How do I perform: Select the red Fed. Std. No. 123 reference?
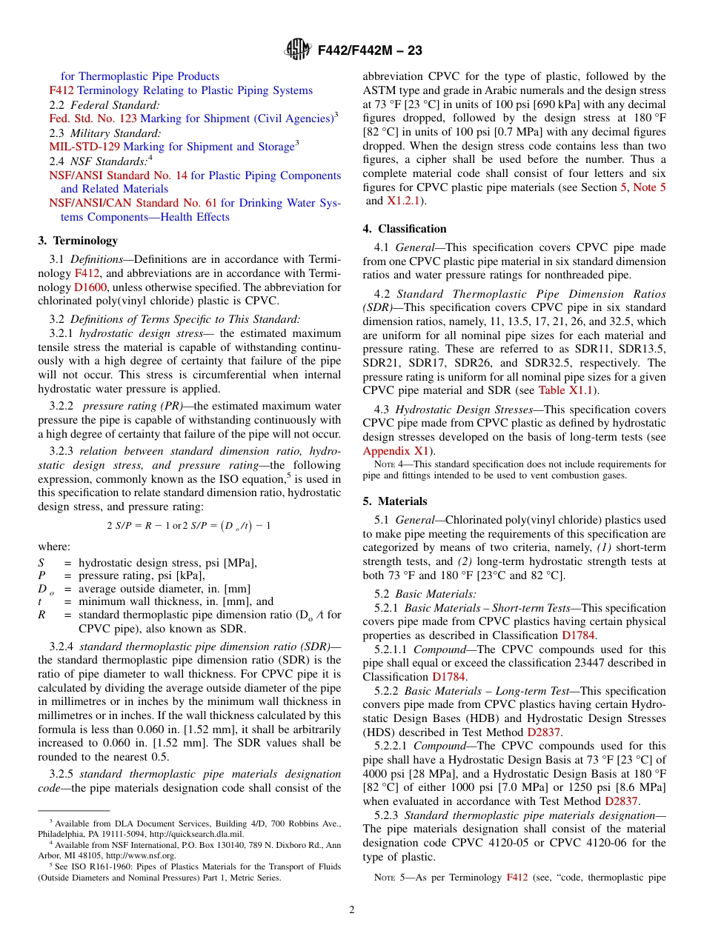tap(93, 118)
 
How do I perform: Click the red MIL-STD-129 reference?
tap(84, 147)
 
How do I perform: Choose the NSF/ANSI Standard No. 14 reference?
tap(119, 176)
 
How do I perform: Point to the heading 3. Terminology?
tap(78, 241)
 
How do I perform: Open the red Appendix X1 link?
tap(396, 451)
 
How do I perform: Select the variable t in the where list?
tap(40, 602)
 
